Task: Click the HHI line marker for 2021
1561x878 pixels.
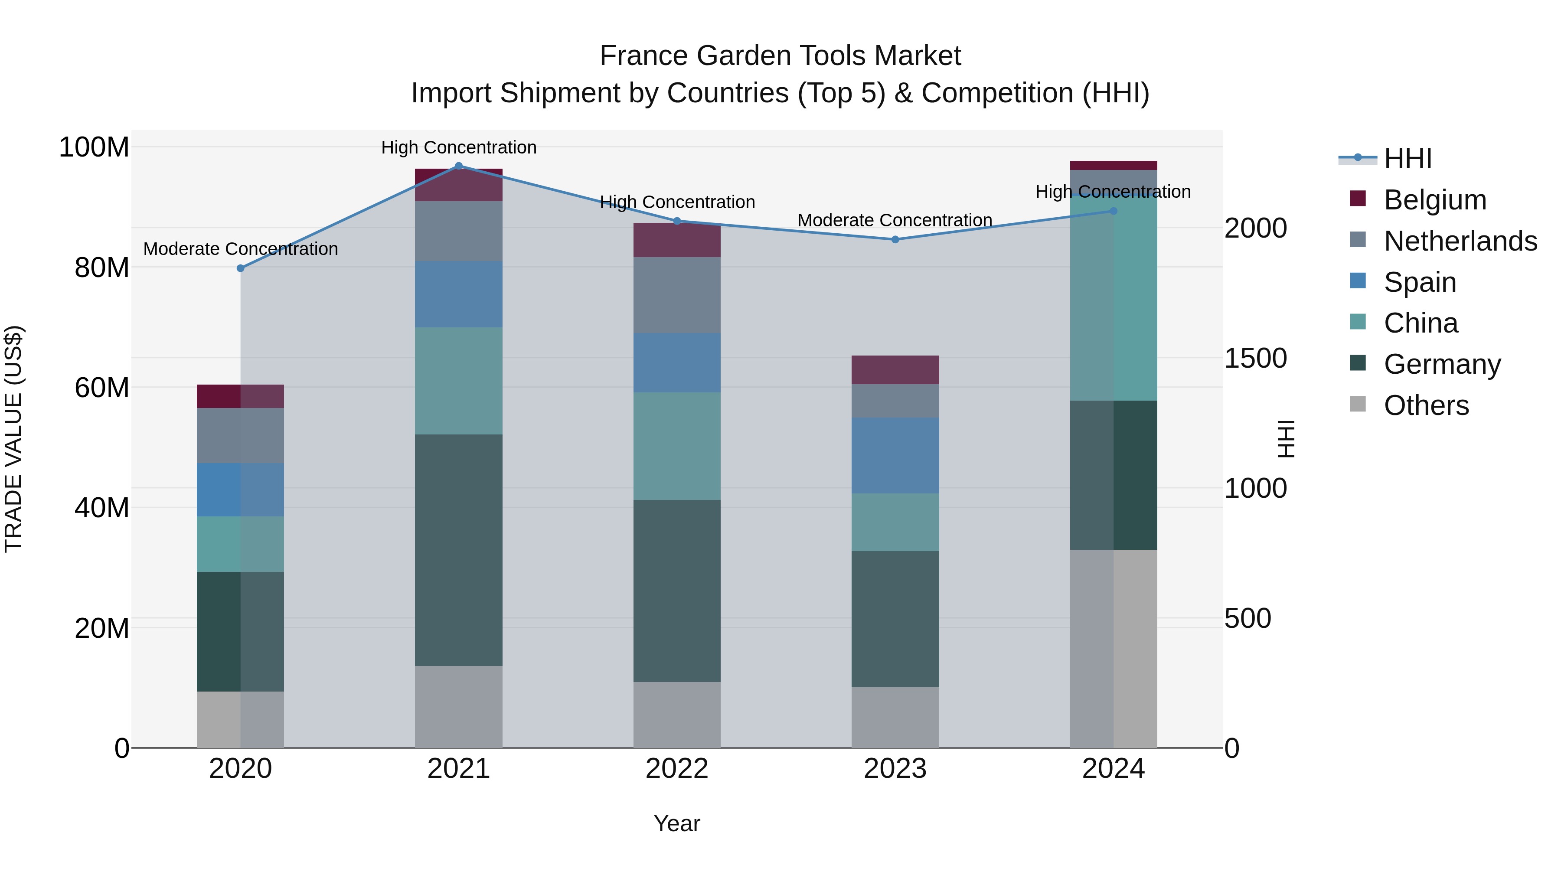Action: click(x=459, y=166)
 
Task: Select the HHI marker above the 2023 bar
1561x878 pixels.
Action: click(x=895, y=239)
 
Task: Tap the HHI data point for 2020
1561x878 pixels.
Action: click(x=241, y=268)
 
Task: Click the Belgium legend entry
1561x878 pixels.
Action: click(x=1435, y=199)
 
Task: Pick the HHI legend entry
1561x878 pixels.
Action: click(x=1408, y=159)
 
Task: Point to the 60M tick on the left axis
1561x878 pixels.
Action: click(x=102, y=387)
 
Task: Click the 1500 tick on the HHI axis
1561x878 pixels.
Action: click(x=1255, y=358)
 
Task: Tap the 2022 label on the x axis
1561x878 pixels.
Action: click(x=677, y=769)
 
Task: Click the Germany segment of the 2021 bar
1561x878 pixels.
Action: click(x=459, y=550)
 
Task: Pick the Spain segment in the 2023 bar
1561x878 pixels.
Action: click(x=895, y=455)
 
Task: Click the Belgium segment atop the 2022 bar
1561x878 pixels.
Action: click(x=677, y=240)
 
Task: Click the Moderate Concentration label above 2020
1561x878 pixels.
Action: click(x=241, y=249)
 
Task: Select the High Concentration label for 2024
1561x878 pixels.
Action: click(x=1113, y=192)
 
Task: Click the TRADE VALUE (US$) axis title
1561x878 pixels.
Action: click(x=13, y=439)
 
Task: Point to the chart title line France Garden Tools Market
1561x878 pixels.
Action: click(x=780, y=56)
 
